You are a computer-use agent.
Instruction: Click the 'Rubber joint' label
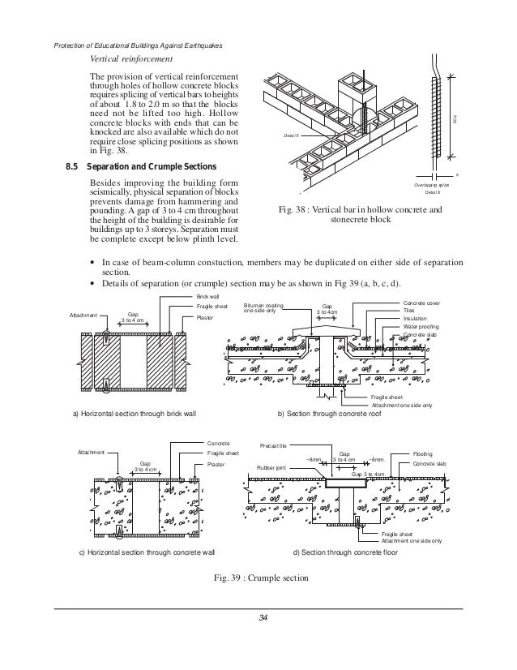pyautogui.click(x=271, y=468)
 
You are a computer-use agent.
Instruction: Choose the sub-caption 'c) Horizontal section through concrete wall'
pyautogui.click(x=141, y=552)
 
